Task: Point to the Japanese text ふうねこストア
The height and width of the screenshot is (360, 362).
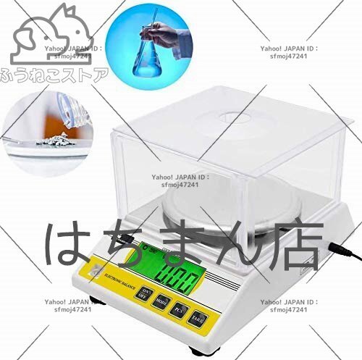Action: point(54,75)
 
